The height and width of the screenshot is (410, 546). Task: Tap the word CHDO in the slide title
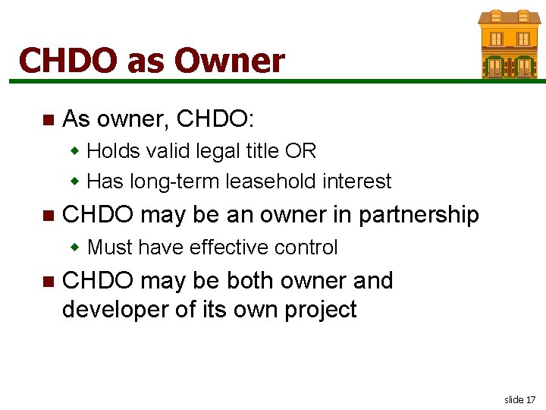coord(67,60)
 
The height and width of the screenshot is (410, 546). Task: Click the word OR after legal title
coord(301,151)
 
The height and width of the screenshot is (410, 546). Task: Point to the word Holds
coord(113,151)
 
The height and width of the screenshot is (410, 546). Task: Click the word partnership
coord(419,215)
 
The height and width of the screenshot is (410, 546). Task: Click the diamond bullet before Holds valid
coord(75,151)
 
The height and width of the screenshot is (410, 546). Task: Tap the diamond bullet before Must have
coord(75,248)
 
